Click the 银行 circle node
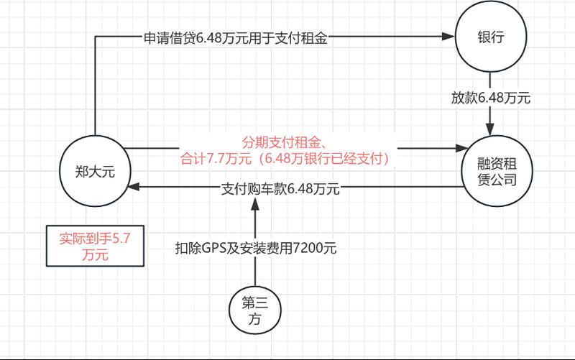click(x=489, y=40)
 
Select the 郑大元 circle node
click(x=95, y=170)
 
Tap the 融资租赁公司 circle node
click(x=496, y=170)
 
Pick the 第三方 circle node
click(x=255, y=311)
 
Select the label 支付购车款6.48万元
click(x=280, y=190)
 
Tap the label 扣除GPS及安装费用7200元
click(x=256, y=249)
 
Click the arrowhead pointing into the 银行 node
click(x=450, y=38)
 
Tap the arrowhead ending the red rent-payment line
click(x=461, y=149)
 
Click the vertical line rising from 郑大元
click(x=95, y=86)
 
